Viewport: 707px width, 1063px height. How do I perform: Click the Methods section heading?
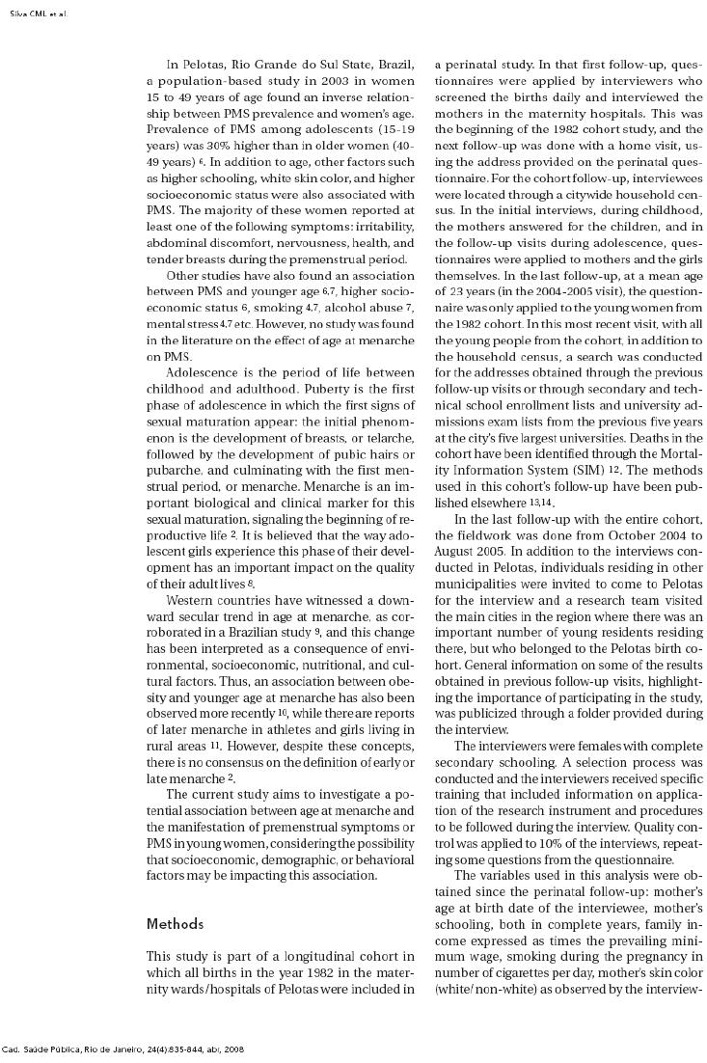[175, 924]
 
